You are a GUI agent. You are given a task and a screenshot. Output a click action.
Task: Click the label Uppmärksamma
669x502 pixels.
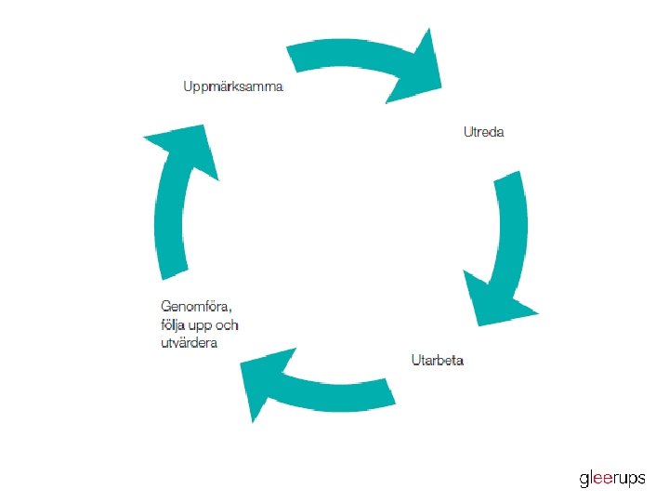[233, 87]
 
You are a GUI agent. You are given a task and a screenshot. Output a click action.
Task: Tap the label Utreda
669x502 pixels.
[484, 132]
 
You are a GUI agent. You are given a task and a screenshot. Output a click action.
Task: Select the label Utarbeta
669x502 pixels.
[438, 360]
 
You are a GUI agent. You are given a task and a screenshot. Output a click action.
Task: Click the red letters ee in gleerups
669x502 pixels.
[608, 480]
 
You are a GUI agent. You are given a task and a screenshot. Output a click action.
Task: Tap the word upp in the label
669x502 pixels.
[200, 324]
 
